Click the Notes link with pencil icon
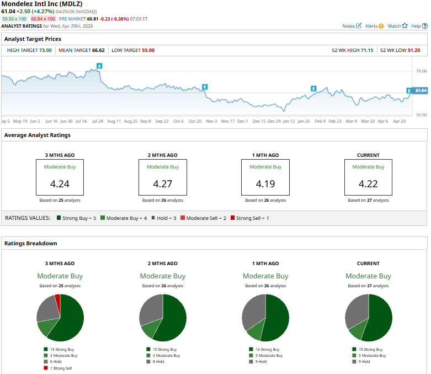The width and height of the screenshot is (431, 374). [352, 26]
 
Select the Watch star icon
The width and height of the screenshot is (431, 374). [405, 25]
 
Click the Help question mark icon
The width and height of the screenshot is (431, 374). [425, 26]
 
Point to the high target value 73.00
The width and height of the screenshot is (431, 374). [45, 50]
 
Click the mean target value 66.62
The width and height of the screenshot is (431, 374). [98, 50]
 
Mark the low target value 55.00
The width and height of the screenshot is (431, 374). [148, 50]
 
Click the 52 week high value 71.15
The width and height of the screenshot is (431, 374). [367, 50]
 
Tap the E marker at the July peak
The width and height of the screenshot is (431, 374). [99, 66]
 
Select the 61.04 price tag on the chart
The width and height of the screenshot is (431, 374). [421, 91]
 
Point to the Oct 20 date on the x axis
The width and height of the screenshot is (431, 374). [195, 121]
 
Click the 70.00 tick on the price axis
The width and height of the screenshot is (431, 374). [421, 71]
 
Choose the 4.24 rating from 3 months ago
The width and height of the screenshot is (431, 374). [60, 184]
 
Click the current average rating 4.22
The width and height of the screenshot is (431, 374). [368, 184]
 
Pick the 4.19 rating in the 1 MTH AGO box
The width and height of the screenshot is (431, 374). [265, 184]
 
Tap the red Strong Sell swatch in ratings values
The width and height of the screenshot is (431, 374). [232, 218]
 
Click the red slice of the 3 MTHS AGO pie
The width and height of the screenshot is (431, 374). [58, 299]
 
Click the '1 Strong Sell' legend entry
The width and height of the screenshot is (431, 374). [61, 368]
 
